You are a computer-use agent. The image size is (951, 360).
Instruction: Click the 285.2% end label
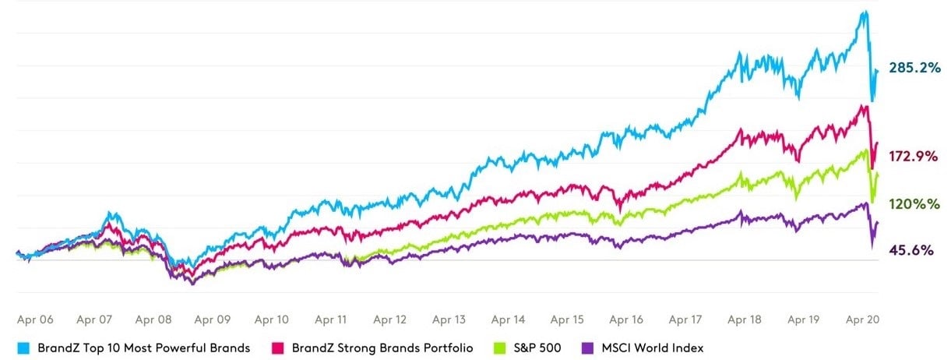(x=914, y=69)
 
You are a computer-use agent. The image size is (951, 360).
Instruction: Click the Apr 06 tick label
(x=36, y=319)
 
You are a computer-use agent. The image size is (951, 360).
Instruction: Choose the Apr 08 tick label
(x=153, y=319)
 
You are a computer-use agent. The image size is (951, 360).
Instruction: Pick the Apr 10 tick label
(x=272, y=319)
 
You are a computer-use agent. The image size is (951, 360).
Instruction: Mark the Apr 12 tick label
(x=389, y=319)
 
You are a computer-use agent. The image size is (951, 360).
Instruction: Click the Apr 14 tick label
(x=508, y=319)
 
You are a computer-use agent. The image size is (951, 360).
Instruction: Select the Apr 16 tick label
(x=626, y=319)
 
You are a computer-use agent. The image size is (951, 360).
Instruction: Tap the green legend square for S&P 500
(x=492, y=348)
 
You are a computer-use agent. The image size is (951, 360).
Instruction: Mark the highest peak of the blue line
(x=864, y=11)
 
